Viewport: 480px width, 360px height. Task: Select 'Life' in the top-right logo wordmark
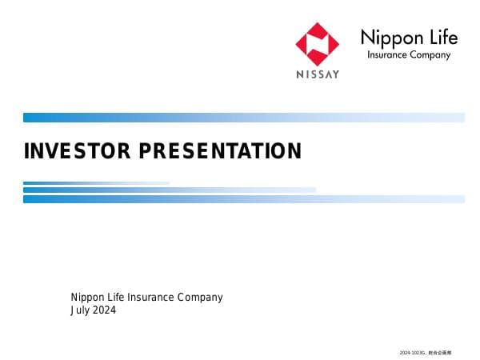[x=442, y=38]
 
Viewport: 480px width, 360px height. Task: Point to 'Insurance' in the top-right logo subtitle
[x=387, y=56]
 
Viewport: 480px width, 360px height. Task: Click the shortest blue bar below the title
[x=96, y=183]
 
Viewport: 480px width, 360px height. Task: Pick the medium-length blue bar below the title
[x=169, y=190]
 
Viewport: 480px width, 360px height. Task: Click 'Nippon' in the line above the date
[x=88, y=298]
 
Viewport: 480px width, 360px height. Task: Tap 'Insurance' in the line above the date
[x=155, y=298]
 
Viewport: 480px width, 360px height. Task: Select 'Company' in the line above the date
[x=202, y=298]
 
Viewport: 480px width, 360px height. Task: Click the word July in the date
[x=80, y=310]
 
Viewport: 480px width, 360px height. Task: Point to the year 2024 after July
[x=104, y=310]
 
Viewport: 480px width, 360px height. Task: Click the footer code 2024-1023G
[x=412, y=353]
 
